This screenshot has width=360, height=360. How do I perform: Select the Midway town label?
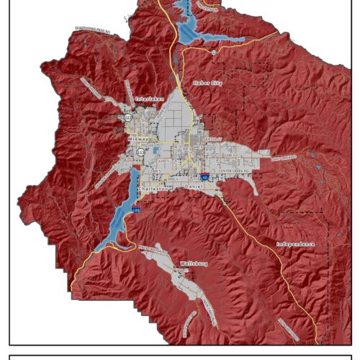click(x=138, y=138)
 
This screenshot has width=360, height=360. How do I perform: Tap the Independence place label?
click(x=296, y=244)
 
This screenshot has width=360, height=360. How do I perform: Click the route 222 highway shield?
click(x=128, y=117)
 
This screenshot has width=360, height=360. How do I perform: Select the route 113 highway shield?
click(x=139, y=152)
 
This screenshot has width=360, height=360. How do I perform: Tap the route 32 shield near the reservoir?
click(x=213, y=52)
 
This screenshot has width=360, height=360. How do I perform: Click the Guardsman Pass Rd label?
click(x=90, y=32)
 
